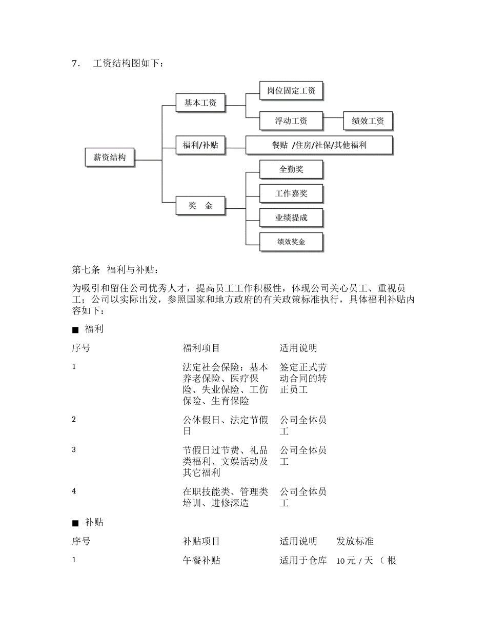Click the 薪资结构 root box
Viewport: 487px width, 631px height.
[x=109, y=157]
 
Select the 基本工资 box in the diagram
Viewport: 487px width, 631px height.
[x=200, y=103]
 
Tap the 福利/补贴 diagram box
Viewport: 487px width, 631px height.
[x=200, y=145]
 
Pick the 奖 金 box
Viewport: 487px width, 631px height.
[x=200, y=206]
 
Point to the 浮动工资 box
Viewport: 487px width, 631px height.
[x=291, y=121]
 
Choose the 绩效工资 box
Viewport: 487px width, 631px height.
[x=368, y=121]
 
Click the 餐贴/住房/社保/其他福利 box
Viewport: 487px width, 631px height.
[x=319, y=145]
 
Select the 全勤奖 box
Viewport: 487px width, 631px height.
[x=291, y=169]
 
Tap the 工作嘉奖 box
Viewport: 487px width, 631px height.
[x=291, y=193]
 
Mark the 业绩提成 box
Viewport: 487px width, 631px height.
[x=291, y=218]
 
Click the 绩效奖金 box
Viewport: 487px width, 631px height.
[x=291, y=242]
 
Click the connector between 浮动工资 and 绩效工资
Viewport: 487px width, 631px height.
[x=333, y=121]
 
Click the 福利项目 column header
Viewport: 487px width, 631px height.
[x=201, y=348]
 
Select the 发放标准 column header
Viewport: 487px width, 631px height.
[x=355, y=541]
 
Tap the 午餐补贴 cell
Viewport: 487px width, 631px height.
[x=201, y=560]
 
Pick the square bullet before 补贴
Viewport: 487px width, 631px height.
[x=75, y=523]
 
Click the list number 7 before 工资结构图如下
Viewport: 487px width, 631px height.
[x=75, y=64]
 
